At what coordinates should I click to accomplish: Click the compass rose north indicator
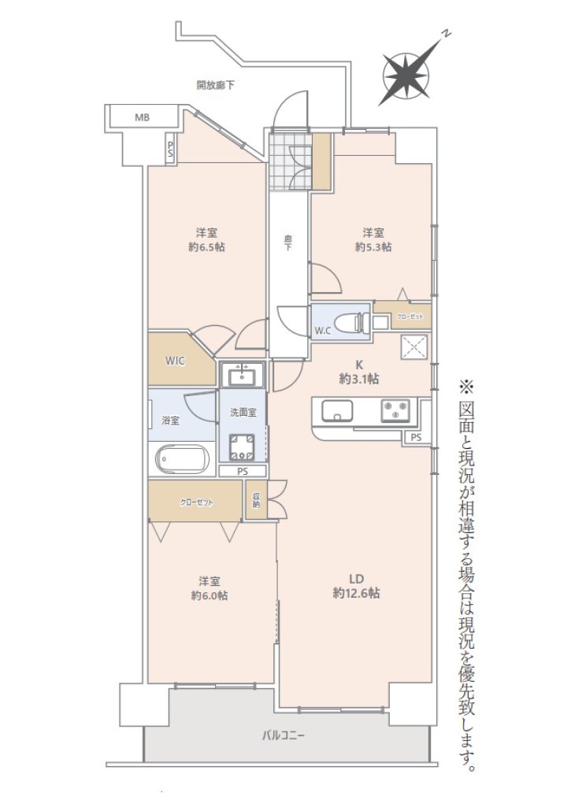pyautogui.click(x=406, y=76)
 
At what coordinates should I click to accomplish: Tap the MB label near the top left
pyautogui.click(x=143, y=118)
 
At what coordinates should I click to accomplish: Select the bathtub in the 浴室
pyautogui.click(x=182, y=460)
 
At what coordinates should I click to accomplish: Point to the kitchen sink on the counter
pyautogui.click(x=338, y=410)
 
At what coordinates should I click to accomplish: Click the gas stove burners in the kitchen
pyautogui.click(x=395, y=410)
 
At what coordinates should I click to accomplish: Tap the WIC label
pyautogui.click(x=175, y=361)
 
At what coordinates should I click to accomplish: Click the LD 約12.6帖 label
pyautogui.click(x=357, y=586)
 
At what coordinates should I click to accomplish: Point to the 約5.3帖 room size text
pyautogui.click(x=373, y=247)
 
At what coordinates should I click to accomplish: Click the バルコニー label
pyautogui.click(x=284, y=736)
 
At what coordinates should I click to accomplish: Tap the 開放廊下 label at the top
pyautogui.click(x=216, y=85)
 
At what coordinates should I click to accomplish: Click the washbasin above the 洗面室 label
pyautogui.click(x=242, y=375)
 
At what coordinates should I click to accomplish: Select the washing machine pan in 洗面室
pyautogui.click(x=242, y=447)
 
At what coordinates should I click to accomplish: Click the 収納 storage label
pyautogui.click(x=256, y=499)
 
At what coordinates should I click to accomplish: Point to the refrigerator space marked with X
pyautogui.click(x=414, y=347)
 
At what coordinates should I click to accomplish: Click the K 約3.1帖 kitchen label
pyautogui.click(x=359, y=372)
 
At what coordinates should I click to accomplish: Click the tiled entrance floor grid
pyautogui.click(x=290, y=161)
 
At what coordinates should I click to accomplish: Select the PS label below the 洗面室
pyautogui.click(x=243, y=472)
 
